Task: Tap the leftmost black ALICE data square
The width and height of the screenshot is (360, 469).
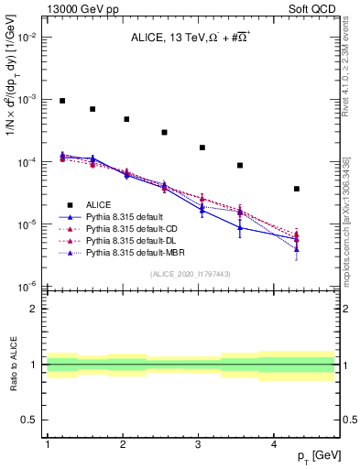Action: tap(62, 101)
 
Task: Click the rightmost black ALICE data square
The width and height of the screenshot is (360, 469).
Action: tap(297, 189)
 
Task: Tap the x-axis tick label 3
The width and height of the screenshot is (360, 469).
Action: tap(199, 443)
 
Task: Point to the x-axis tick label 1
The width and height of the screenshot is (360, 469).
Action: tap(47, 443)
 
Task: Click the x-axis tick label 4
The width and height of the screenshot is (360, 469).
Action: tap(274, 443)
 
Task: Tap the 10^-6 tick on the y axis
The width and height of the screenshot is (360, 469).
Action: tap(27, 287)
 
